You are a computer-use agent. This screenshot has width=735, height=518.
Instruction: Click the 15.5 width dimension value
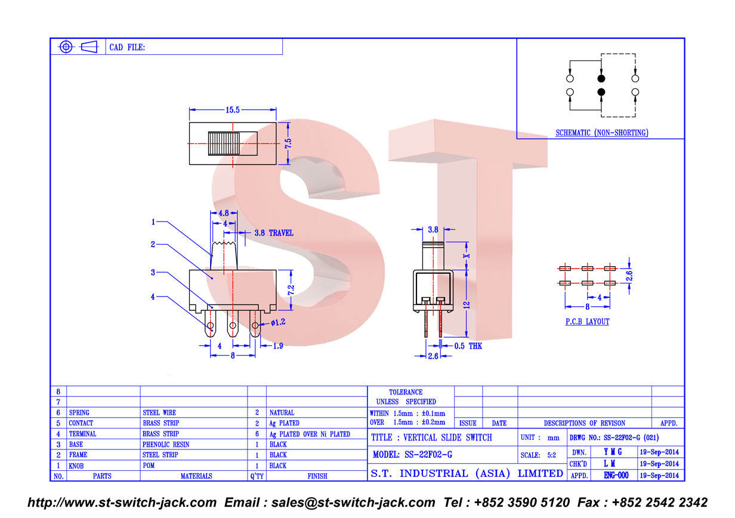pos(232,110)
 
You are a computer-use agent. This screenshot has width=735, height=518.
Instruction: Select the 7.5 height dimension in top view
pos(288,143)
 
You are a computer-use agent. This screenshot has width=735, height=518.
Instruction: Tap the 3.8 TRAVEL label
pos(274,233)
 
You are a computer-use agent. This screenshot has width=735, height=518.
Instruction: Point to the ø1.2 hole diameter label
pos(278,323)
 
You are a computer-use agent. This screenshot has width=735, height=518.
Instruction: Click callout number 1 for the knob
pos(153,222)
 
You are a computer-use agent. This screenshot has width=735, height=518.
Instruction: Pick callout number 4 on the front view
pos(153,297)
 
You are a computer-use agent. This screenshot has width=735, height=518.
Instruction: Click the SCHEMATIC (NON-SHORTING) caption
pos(602,132)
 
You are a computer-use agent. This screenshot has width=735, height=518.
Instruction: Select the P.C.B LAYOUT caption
pos(587,322)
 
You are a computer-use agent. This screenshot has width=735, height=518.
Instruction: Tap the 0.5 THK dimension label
pos(468,346)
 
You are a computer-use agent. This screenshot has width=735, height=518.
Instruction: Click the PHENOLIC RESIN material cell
pos(166,445)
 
